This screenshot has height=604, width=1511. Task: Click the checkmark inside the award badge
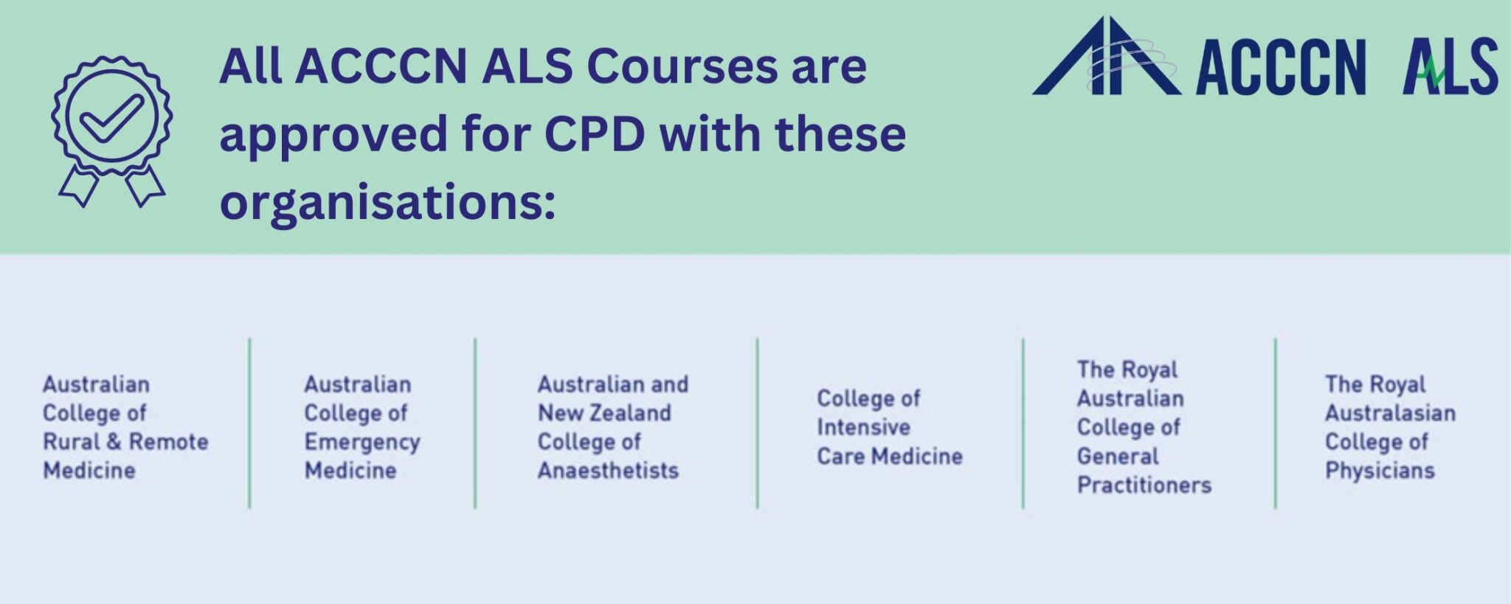tap(112, 118)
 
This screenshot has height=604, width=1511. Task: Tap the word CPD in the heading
tap(594, 134)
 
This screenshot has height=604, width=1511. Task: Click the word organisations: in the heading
tap(387, 201)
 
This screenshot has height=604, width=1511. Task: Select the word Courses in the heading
tap(682, 66)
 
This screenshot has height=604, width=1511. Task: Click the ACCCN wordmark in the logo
tap(1281, 67)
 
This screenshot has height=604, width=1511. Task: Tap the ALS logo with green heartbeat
tap(1451, 67)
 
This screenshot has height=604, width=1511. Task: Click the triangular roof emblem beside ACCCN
tap(1105, 57)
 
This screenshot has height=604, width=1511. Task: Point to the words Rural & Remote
tap(125, 442)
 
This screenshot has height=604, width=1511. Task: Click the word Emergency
tap(362, 442)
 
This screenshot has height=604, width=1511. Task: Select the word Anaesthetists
tap(608, 471)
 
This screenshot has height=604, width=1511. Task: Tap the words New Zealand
tap(604, 413)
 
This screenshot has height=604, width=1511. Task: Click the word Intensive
tap(863, 427)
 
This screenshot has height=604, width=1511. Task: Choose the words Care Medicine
tap(890, 457)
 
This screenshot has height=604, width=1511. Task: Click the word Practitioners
tap(1144, 485)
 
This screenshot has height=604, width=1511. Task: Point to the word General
tap(1118, 457)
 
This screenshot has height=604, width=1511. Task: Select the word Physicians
tap(1380, 471)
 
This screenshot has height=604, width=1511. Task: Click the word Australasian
tap(1390, 413)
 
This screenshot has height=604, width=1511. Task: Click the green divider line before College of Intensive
tap(757, 423)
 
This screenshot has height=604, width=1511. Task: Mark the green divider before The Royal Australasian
tap(1275, 423)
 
